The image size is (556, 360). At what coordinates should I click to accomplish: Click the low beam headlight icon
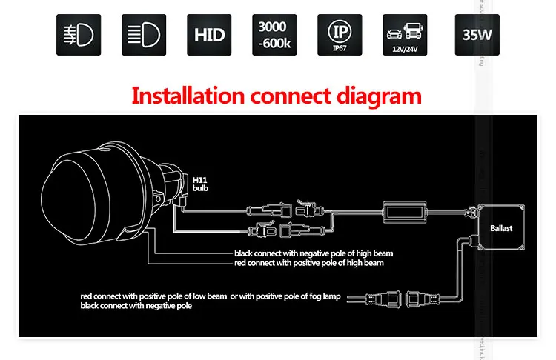click(x=78, y=35)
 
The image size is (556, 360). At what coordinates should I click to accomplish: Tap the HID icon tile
click(x=209, y=35)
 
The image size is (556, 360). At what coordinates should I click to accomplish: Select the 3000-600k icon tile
click(x=274, y=35)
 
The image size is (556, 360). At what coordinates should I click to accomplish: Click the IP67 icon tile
click(x=340, y=35)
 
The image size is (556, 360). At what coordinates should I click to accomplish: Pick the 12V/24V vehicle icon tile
click(x=405, y=35)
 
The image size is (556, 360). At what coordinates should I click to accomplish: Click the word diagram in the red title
click(x=381, y=96)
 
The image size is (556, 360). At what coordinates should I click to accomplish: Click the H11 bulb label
click(x=201, y=185)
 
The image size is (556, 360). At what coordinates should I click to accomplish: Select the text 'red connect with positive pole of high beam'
click(x=308, y=263)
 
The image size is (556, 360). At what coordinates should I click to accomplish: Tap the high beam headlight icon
click(x=143, y=35)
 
